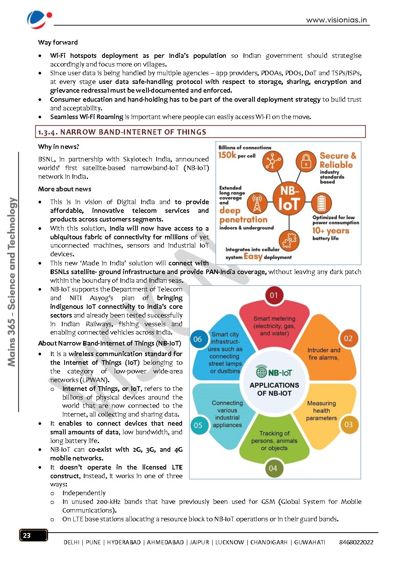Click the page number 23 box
pyautogui.click(x=33, y=535)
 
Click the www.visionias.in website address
pyautogui.click(x=336, y=20)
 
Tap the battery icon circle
pyautogui.click(x=321, y=203)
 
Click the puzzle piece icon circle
pyautogui.click(x=289, y=240)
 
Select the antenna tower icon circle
pyautogui.click(x=257, y=203)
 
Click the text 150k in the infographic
pyautogui.click(x=227, y=155)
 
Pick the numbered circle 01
pyautogui.click(x=274, y=295)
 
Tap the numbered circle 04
pyautogui.click(x=273, y=468)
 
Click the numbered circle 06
pyautogui.click(x=197, y=339)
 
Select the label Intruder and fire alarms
pyautogui.click(x=324, y=354)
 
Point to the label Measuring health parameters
pyautogui.click(x=321, y=411)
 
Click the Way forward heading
pyautogui.click(x=58, y=42)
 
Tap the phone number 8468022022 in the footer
pyautogui.click(x=356, y=542)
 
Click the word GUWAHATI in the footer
pyautogui.click(x=310, y=542)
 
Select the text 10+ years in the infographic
pyautogui.click(x=330, y=231)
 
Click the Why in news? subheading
pyautogui.click(x=59, y=147)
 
